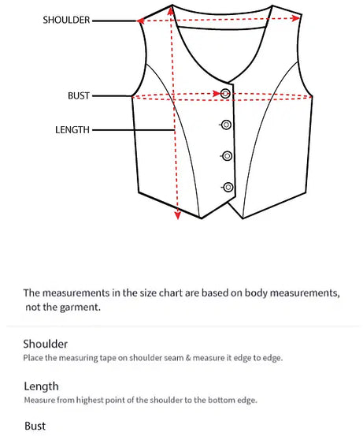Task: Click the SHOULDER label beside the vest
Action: (x=66, y=20)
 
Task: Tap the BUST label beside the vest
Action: (x=79, y=96)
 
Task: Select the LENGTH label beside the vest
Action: (x=72, y=130)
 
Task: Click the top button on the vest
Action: (x=226, y=94)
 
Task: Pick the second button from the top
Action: (x=226, y=125)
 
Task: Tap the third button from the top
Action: (x=227, y=155)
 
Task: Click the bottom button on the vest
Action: (x=228, y=187)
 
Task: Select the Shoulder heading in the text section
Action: (x=46, y=344)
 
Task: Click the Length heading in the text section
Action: (x=41, y=386)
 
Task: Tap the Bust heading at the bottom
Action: (x=35, y=427)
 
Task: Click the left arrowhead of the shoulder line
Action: (x=142, y=21)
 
